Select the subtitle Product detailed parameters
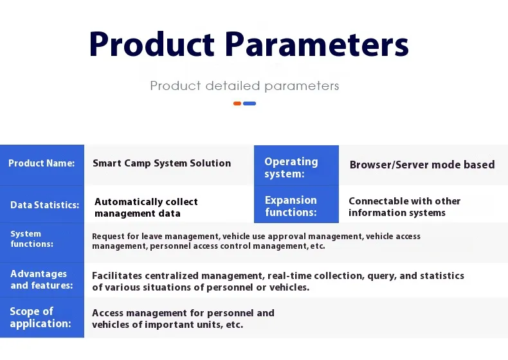click(x=244, y=85)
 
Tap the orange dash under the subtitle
click(x=237, y=104)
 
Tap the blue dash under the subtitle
click(x=249, y=104)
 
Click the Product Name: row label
click(x=42, y=163)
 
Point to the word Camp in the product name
click(x=137, y=163)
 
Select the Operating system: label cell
click(x=296, y=168)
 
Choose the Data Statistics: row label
click(x=44, y=205)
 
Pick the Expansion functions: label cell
click(x=296, y=206)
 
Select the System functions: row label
click(x=32, y=239)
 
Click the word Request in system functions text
click(x=109, y=236)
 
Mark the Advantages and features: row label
click(x=41, y=280)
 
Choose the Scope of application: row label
click(x=40, y=318)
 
